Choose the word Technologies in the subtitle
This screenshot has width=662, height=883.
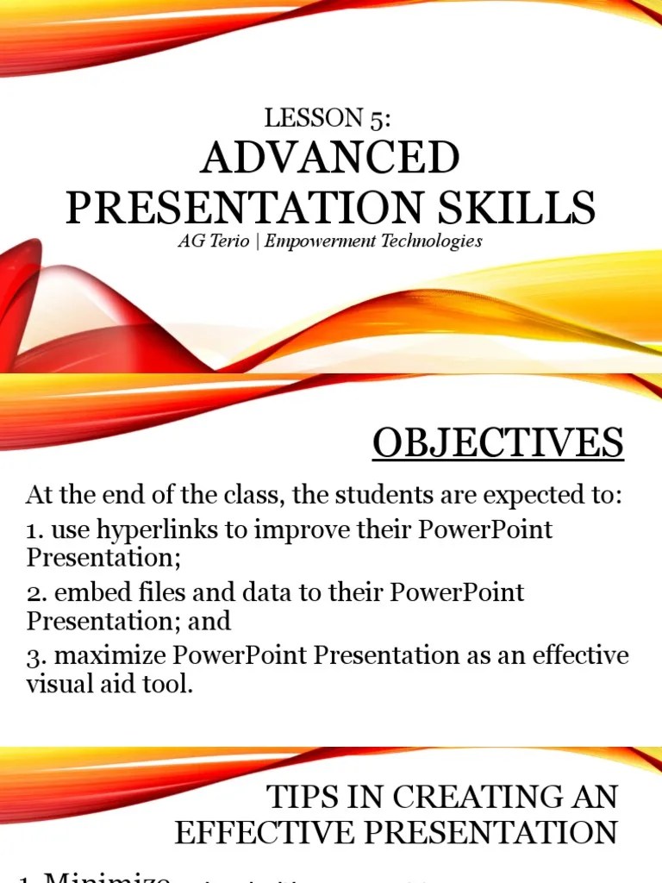click(x=432, y=241)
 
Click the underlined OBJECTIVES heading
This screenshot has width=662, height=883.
click(x=497, y=443)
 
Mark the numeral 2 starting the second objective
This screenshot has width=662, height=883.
click(x=33, y=593)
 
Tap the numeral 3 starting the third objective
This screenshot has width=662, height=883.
click(x=33, y=656)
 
